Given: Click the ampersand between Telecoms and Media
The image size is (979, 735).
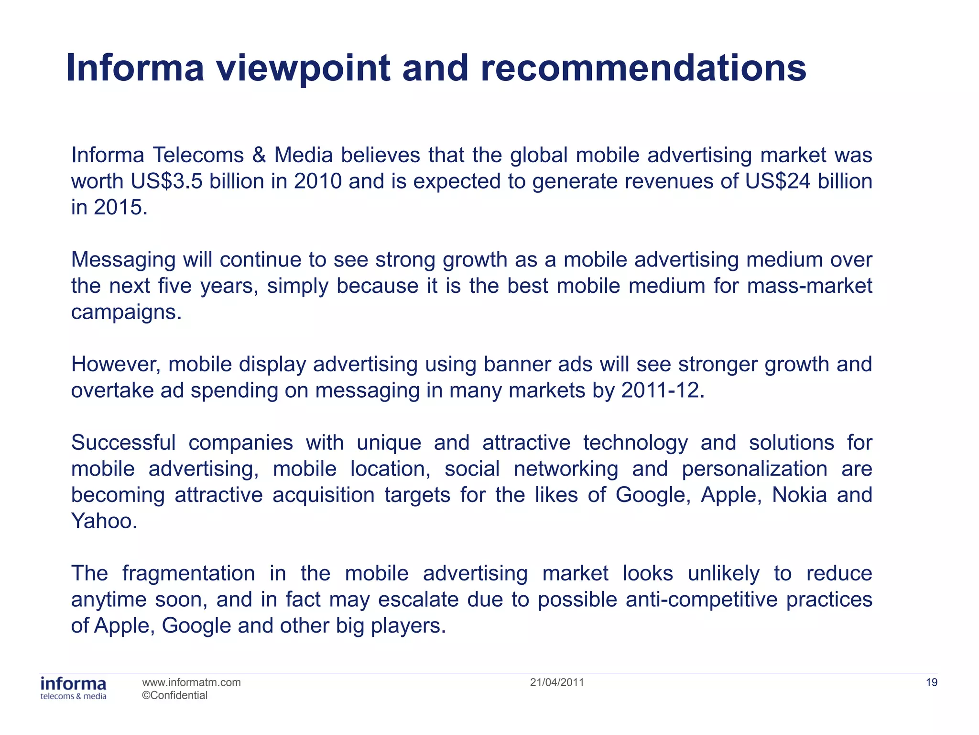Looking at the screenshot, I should [259, 155].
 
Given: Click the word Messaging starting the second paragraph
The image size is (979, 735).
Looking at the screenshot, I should [123, 260].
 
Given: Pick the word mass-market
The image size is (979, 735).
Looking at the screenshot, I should [809, 286].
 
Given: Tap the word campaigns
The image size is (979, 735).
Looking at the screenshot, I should [126, 312].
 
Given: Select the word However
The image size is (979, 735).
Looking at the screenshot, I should [116, 364].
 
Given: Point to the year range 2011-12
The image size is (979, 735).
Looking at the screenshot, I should [663, 390].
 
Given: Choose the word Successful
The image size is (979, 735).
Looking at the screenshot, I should [123, 443].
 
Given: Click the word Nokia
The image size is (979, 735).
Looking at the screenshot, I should [799, 495].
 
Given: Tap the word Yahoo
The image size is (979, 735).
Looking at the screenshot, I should [104, 521].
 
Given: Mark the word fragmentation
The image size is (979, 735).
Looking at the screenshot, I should [188, 573].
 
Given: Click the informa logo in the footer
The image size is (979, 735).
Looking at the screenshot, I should [74, 688].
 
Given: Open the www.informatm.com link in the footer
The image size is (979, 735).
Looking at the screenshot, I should [191, 682].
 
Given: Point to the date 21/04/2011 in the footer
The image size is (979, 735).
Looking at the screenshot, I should [557, 682].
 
